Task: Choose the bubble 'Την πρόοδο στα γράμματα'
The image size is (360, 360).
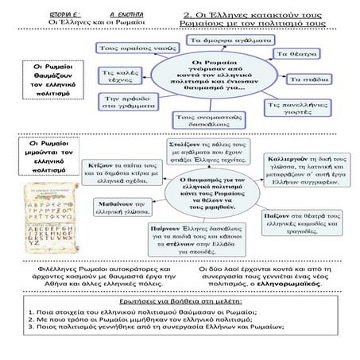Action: (120, 101)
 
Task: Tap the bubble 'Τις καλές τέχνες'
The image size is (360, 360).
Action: (115, 75)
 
